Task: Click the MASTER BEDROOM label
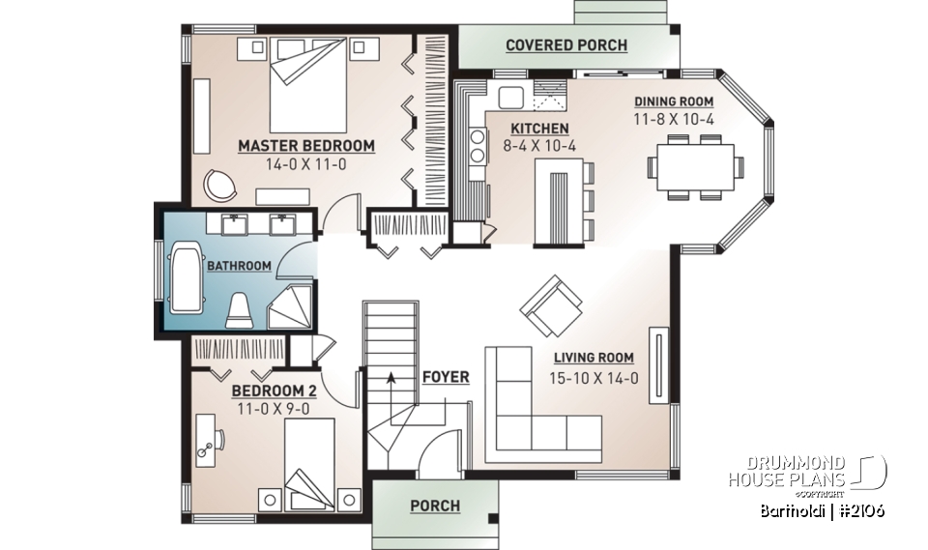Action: coord(305,146)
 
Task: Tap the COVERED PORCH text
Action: coord(565,45)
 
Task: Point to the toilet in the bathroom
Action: coord(239,310)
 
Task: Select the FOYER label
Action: coord(445,377)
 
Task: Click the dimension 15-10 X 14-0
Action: coord(594,378)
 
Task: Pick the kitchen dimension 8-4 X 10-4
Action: coord(539,146)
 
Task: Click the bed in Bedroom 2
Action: coord(309,462)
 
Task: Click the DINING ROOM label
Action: coord(674,101)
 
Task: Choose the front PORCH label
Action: coord(435,506)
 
